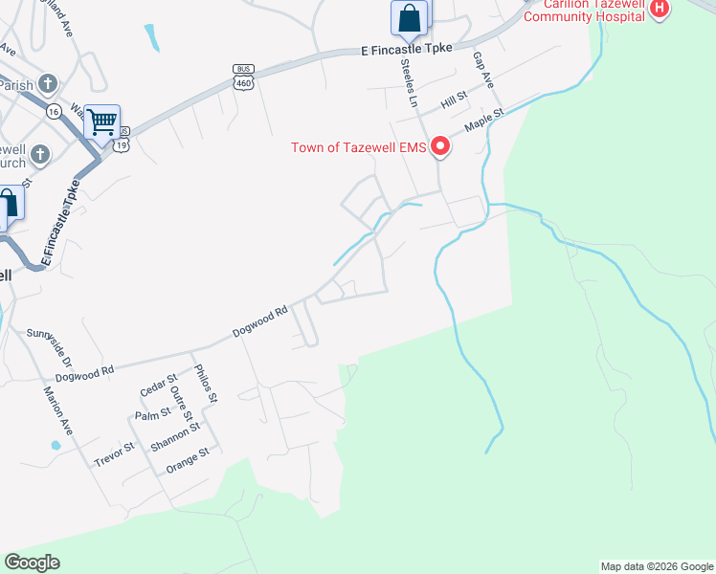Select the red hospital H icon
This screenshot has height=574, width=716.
point(659,10)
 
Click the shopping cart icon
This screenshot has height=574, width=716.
point(101,121)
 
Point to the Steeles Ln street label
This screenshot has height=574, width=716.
point(409,82)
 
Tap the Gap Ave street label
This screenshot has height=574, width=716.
point(482,71)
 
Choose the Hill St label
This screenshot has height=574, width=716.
point(453,99)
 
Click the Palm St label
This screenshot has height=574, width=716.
point(152,413)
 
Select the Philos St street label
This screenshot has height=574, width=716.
point(206,383)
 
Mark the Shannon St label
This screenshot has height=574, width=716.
point(174,438)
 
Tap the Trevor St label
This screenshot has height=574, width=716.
point(115,454)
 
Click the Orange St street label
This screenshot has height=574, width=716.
point(187,460)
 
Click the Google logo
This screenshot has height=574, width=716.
point(33,563)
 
